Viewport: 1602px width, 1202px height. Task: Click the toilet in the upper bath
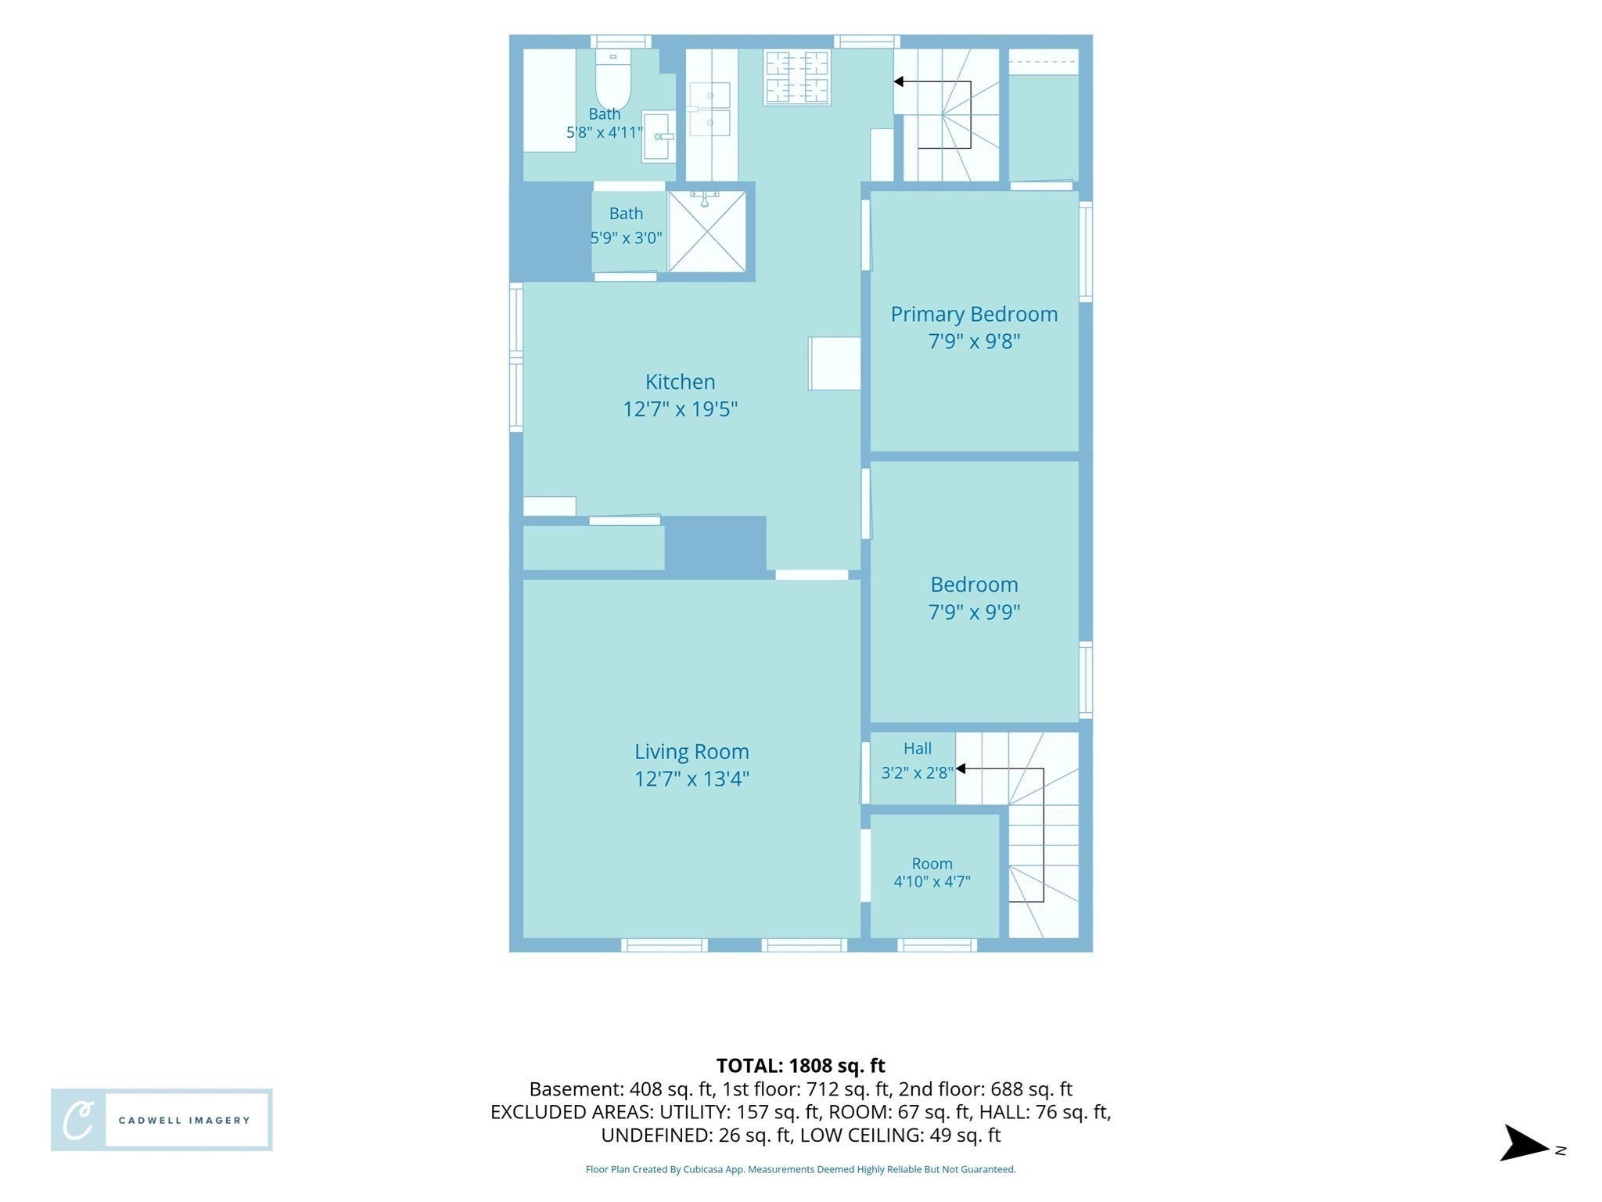click(613, 78)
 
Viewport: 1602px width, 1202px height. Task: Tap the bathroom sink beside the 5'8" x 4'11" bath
click(659, 137)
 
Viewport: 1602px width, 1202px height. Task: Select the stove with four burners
click(797, 77)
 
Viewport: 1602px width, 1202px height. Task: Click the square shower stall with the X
click(707, 232)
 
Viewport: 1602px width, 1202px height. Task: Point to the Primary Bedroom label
click(974, 314)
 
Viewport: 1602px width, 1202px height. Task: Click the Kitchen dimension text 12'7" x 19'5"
click(680, 409)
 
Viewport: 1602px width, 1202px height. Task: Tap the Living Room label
click(691, 751)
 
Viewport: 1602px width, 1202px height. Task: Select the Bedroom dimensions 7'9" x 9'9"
click(974, 612)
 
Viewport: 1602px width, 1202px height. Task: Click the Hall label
click(917, 748)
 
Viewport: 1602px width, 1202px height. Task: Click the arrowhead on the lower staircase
click(961, 768)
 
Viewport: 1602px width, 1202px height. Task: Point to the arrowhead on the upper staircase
click(899, 81)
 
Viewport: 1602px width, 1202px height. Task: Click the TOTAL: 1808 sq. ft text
click(800, 1065)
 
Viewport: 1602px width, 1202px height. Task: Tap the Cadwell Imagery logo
click(162, 1119)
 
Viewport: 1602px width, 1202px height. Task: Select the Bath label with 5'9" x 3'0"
click(626, 225)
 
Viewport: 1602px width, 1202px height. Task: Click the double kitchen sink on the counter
click(709, 109)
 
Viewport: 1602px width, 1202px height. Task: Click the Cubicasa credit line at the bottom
click(800, 1169)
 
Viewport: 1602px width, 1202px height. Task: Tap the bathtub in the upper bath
click(549, 100)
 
